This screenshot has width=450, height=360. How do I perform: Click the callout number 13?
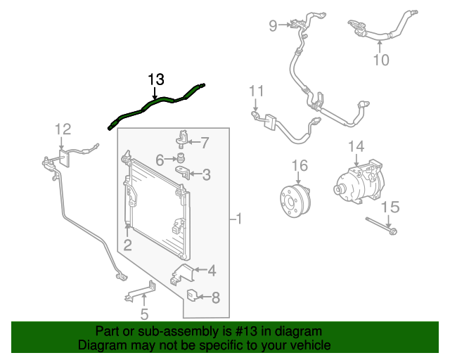click(x=155, y=79)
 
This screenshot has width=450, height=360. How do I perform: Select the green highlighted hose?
click(x=156, y=103)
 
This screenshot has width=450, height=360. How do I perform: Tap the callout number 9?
click(x=274, y=26)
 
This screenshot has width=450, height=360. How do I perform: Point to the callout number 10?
click(x=380, y=60)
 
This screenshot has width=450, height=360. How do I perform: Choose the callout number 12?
click(x=63, y=129)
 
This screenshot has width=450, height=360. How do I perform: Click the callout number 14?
click(x=356, y=147)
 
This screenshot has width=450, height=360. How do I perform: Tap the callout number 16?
click(x=300, y=166)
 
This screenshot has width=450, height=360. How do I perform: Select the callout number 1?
click(x=239, y=220)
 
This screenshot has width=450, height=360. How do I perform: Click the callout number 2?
click(x=128, y=245)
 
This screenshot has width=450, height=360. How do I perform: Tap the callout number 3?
click(x=206, y=174)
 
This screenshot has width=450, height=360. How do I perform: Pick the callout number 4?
click(x=212, y=269)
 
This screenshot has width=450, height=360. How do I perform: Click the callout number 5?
click(x=144, y=314)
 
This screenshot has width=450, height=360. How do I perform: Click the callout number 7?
click(x=205, y=143)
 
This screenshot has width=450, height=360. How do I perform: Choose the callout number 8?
click(x=215, y=297)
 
